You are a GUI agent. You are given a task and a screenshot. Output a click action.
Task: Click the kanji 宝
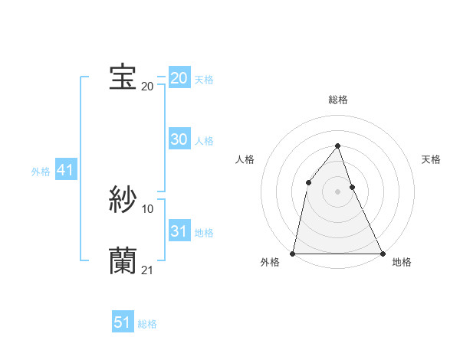pyautogui.click(x=123, y=77)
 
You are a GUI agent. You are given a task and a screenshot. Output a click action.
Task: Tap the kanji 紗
pyautogui.click(x=123, y=201)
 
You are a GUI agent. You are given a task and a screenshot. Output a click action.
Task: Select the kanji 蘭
pyautogui.click(x=123, y=260)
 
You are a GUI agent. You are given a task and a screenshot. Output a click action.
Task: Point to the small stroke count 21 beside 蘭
pyautogui.click(x=147, y=270)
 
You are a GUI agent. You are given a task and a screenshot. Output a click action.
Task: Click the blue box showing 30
pyautogui.click(x=179, y=139)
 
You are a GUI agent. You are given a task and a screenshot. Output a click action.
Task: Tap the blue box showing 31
pyautogui.click(x=179, y=231)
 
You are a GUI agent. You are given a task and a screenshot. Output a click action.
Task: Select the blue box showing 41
pyautogui.click(x=64, y=171)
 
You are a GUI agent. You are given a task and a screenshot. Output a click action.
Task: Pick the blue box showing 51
pyautogui.click(x=123, y=322)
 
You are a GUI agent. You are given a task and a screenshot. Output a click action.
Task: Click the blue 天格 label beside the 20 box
pyautogui.click(x=204, y=80)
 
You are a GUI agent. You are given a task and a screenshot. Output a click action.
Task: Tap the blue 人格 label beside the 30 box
pyautogui.click(x=204, y=141)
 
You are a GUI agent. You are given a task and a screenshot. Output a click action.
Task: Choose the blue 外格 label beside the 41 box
pyautogui.click(x=41, y=172)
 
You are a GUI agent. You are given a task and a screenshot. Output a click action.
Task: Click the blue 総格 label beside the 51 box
pyautogui.click(x=147, y=324)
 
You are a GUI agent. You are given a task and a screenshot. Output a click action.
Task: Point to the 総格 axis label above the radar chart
pyautogui.click(x=337, y=100)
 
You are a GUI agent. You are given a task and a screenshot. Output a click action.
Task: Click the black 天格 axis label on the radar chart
pyautogui.click(x=431, y=159)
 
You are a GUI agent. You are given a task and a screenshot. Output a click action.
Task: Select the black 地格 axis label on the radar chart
pyautogui.click(x=402, y=263)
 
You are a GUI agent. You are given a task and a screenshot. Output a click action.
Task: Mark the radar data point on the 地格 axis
pyautogui.click(x=382, y=253)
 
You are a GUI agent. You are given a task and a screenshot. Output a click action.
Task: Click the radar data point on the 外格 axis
pyautogui.click(x=293, y=253)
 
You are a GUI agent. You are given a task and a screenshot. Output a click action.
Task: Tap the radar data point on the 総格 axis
pyautogui.click(x=337, y=146)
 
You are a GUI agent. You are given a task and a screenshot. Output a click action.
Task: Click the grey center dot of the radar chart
pyautogui.click(x=337, y=191)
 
